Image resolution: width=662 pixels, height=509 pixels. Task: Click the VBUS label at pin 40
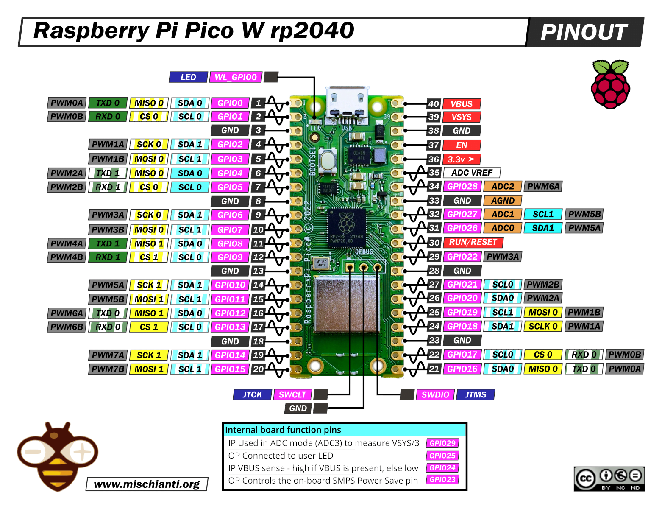(x=461, y=104)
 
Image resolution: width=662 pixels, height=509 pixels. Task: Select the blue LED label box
(x=188, y=77)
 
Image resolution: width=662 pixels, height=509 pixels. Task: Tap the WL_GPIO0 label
(x=236, y=77)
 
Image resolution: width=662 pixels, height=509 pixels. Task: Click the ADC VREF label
(x=471, y=173)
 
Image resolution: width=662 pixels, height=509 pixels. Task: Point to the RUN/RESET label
(x=473, y=242)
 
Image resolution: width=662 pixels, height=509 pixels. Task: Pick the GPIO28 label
(x=462, y=186)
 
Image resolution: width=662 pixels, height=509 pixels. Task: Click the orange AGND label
(x=503, y=201)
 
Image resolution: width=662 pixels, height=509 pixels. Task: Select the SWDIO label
(x=435, y=394)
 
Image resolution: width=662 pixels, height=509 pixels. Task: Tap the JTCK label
(x=252, y=394)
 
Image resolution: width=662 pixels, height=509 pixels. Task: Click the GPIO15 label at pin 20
(x=230, y=369)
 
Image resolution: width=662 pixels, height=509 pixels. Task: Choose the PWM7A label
(x=108, y=355)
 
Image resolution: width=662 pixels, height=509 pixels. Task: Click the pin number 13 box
(x=258, y=271)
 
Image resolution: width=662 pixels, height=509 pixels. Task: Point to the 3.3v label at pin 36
(x=461, y=159)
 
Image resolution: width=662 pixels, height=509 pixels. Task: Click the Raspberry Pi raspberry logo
(x=610, y=85)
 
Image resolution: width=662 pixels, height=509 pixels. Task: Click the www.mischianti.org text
(x=147, y=484)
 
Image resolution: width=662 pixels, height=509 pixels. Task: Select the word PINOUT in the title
(x=584, y=32)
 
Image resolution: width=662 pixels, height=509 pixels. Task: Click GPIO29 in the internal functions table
(x=442, y=443)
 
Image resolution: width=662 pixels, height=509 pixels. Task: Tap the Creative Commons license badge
(x=609, y=479)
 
